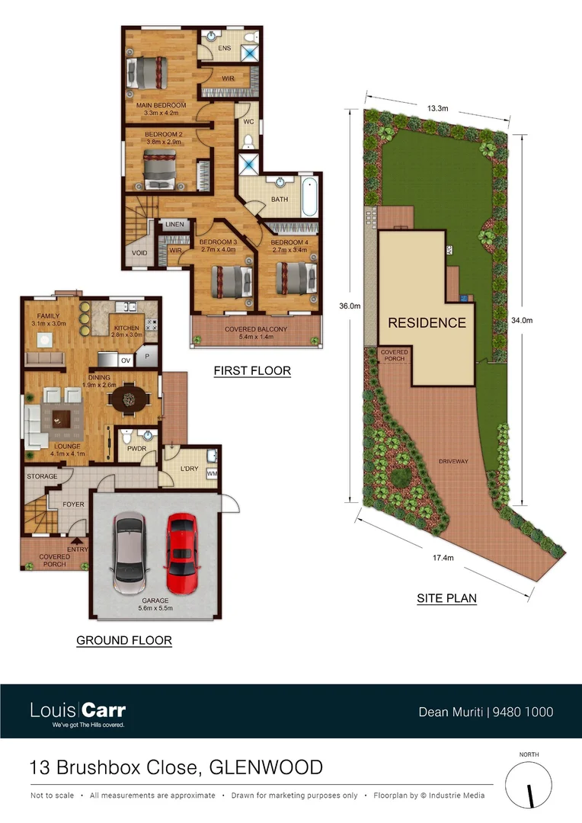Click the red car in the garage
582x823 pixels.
pos(181,546)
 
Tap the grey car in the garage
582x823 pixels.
pos(129,552)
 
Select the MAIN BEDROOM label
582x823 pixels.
pos(161,105)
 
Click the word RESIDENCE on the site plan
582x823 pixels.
pos(427,322)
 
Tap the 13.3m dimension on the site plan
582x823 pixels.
pos(437,109)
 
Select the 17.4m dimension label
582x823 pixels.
pos(443,558)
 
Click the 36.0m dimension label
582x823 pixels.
pos(350,306)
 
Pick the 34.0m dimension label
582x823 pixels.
pos(521,321)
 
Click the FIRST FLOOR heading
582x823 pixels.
pos(252,371)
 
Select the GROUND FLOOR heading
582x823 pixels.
pos(124,640)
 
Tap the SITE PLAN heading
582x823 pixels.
pos(446,598)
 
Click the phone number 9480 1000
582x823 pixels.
pos(523,713)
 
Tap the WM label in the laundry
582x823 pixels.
pos(212,475)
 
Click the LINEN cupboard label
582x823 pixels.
pos(175,225)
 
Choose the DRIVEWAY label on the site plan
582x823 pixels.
pos(453,462)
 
